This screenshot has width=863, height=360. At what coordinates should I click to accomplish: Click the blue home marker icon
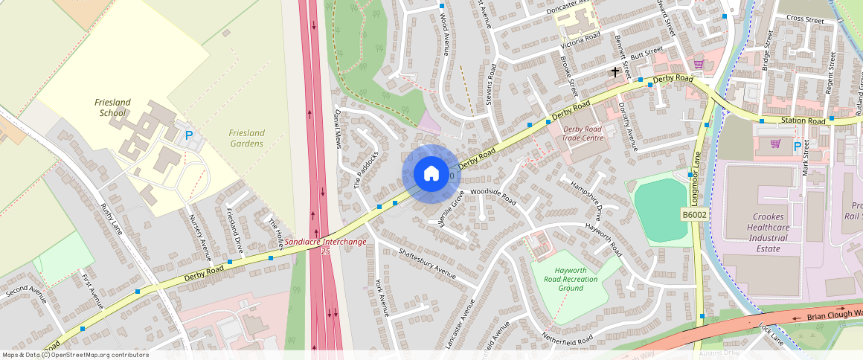pos(431,175)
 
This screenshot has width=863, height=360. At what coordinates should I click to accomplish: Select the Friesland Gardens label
pos(246,138)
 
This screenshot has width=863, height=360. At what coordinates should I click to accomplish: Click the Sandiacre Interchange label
pos(325,242)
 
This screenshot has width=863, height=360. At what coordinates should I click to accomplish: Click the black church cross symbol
pos(615,72)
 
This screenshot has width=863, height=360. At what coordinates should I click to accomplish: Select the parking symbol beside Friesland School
pos(189,136)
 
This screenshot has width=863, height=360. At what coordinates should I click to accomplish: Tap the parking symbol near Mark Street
pos(797,147)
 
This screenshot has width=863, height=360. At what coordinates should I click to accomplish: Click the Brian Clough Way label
pos(834,315)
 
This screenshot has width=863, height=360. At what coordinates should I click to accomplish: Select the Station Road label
pos(803,120)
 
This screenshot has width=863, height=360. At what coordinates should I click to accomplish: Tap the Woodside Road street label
pos(493,196)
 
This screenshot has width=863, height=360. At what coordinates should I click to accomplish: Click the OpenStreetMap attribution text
pos(74,355)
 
